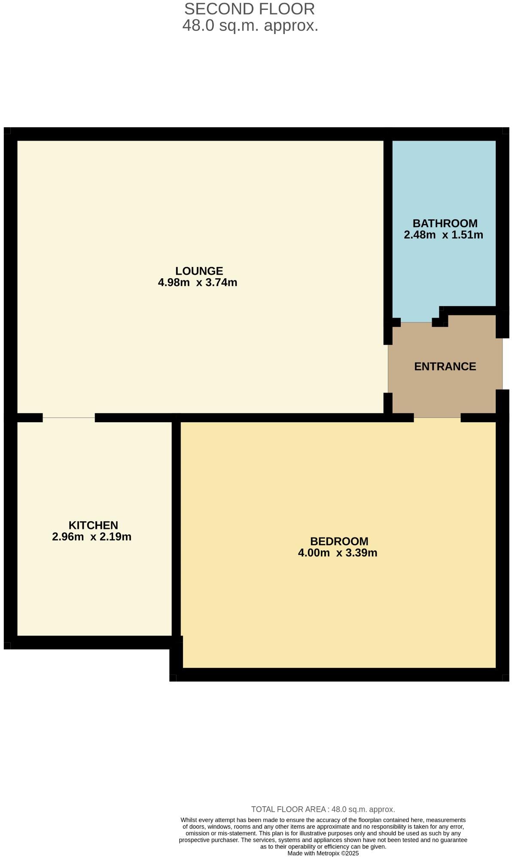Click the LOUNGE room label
point(199,271)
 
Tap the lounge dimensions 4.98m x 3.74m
point(198,283)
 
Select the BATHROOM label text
point(445,223)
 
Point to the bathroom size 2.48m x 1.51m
point(443,235)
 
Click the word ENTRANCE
point(445,366)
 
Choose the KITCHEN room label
point(93,525)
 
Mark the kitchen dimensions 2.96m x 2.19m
point(91,537)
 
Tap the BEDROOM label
point(339,541)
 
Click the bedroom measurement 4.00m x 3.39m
point(338,553)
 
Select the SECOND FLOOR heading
point(250,9)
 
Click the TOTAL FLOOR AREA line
point(323,809)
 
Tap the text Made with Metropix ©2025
point(323,853)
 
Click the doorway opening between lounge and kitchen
point(69,418)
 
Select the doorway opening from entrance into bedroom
point(437,418)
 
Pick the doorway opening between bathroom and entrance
point(416,322)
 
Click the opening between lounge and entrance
point(388,369)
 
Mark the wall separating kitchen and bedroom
point(176,529)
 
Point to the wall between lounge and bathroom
point(388,228)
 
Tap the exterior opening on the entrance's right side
point(502,363)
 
